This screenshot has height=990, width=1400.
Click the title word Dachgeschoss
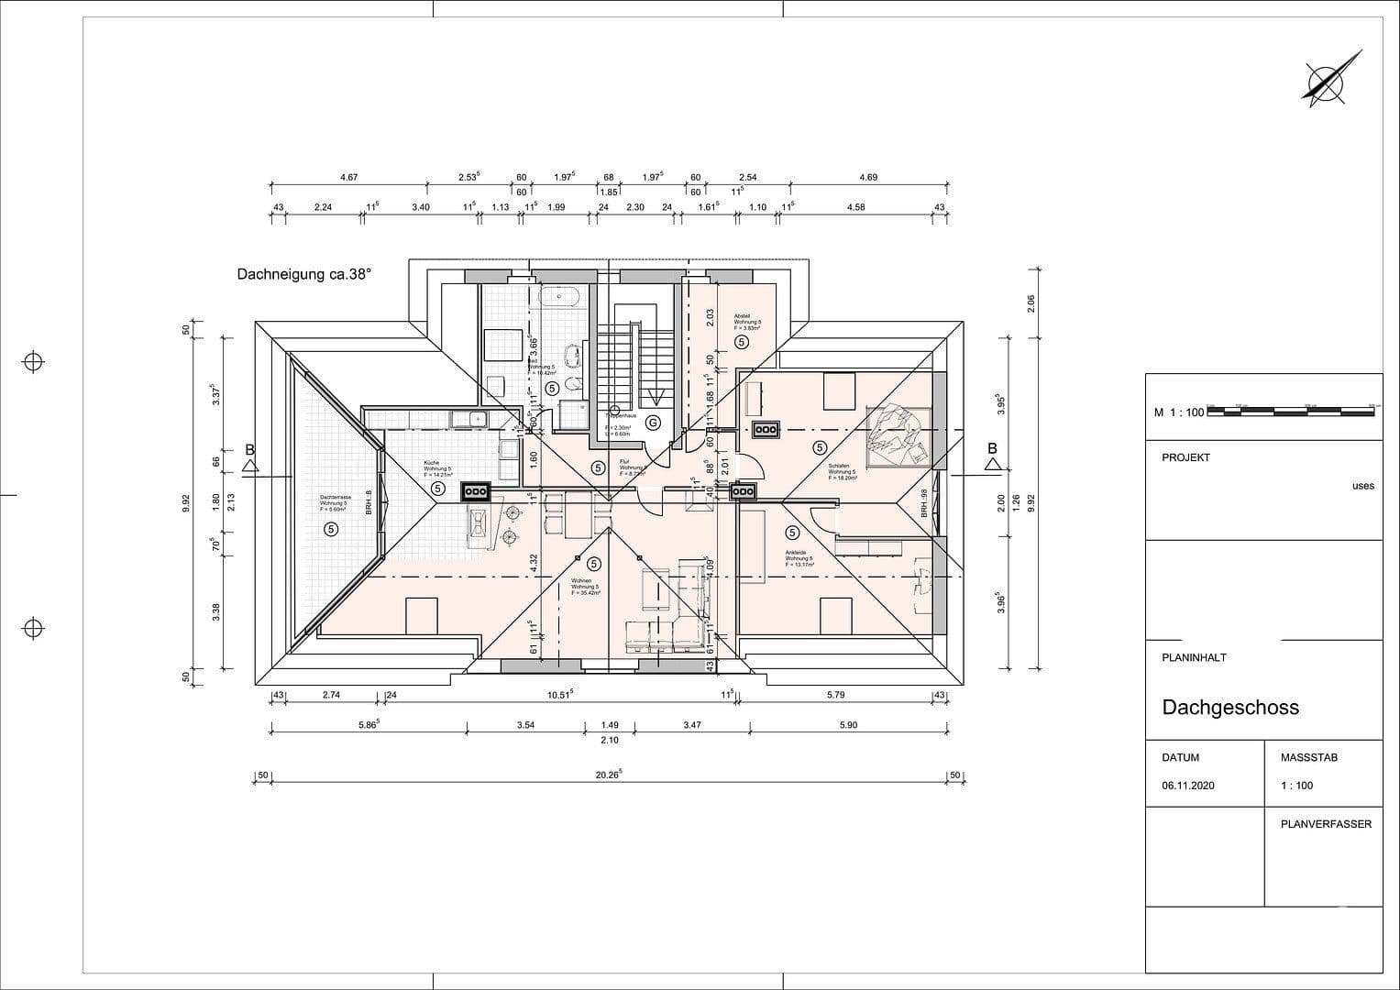1230,708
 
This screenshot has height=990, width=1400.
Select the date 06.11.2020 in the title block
1187,786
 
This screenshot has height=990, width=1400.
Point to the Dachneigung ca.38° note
304,273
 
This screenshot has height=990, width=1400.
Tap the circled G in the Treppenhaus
653,423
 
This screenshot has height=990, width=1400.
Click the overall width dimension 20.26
609,775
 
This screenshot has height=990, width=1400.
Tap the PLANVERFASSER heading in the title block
1326,824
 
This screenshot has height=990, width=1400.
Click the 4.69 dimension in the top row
867,178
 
